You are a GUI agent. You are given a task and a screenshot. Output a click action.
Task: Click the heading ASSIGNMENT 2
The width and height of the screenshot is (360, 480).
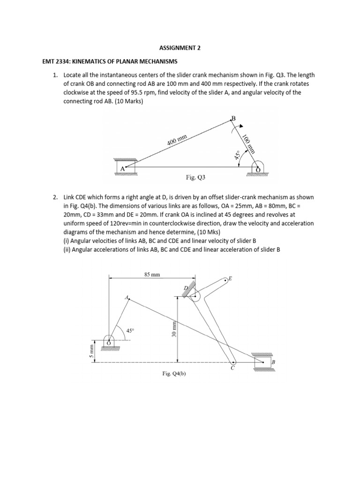[180, 47]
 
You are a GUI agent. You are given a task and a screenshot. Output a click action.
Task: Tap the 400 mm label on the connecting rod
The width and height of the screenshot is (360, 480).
[177, 140]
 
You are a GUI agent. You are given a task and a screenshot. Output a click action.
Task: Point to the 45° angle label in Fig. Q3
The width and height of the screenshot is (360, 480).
[238, 155]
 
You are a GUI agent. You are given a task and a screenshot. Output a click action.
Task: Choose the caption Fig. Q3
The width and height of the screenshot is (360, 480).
[195, 178]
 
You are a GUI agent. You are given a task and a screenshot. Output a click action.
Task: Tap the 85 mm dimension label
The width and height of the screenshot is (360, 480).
[152, 275]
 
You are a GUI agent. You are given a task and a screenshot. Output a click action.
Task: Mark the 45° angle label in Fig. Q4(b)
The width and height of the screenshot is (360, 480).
[130, 330]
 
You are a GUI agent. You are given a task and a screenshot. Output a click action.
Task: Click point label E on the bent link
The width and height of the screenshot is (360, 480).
[230, 278]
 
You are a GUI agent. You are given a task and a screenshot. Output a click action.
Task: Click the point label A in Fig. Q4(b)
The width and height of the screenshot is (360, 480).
[126, 297]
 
